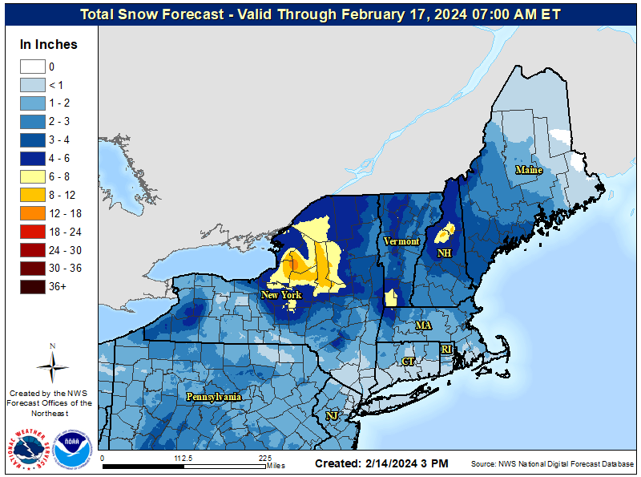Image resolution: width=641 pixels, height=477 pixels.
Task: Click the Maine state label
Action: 529,170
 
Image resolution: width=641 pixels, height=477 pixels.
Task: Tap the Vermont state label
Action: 401,241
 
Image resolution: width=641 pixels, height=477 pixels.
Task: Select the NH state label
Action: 444,253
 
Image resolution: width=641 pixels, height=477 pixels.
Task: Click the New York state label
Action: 281,295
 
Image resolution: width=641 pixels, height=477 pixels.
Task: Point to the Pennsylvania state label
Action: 214,397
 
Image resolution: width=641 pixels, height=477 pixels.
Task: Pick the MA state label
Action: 423,325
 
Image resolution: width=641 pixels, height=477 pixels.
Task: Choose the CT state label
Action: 408,362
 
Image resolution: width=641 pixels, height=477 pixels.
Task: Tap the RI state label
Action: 446,350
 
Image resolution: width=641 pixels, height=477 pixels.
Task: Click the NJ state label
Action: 331,415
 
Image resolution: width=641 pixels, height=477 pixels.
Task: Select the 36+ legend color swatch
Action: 32,286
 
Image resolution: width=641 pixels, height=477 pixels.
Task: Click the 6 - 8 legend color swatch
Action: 32,176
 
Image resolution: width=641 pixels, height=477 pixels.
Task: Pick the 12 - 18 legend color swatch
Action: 32,213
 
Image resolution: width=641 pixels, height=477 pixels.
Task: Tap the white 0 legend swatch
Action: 32,67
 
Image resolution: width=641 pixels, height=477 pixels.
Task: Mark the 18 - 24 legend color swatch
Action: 32,232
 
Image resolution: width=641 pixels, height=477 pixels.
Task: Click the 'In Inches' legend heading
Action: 49,45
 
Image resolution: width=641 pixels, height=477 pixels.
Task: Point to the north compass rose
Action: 52,365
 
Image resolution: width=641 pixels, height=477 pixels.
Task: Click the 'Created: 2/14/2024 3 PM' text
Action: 381,463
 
